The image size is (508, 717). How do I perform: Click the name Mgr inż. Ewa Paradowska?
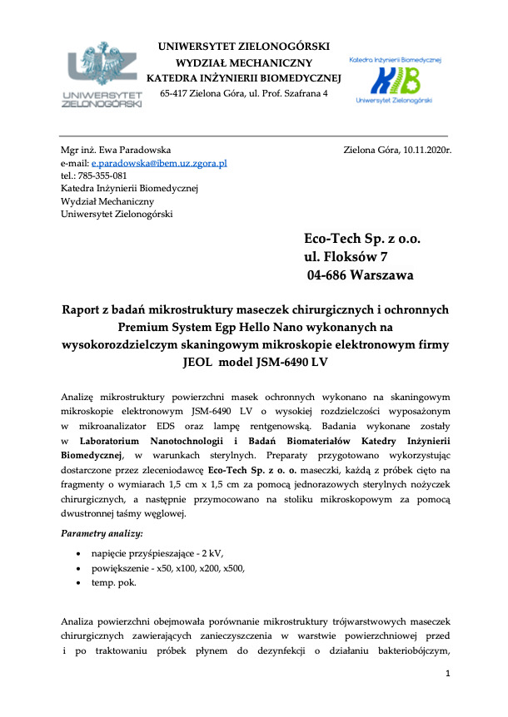116,151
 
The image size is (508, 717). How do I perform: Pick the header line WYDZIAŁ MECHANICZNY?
243,62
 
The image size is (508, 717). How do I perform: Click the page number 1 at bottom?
448,672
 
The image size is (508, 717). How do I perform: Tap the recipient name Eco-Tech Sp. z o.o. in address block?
363,239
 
